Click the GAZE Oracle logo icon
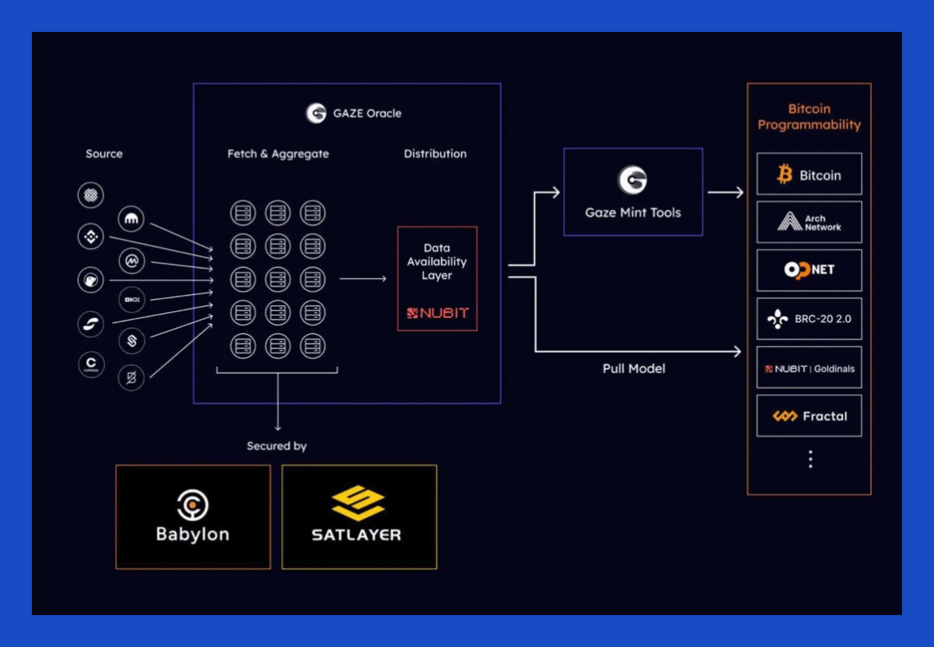pos(316,113)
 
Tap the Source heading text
pos(104,154)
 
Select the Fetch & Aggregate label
pos(278,154)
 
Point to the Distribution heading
pos(435,154)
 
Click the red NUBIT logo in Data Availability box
pos(437,313)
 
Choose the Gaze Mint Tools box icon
pos(633,180)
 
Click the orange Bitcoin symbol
pos(785,174)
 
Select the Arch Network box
pos(809,223)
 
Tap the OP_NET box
pos(809,270)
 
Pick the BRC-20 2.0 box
pos(809,319)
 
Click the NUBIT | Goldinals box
pos(809,368)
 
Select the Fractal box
pos(809,417)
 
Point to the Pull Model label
pos(634,368)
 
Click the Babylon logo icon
pos(192,505)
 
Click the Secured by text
pos(277,446)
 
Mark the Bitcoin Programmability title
pos(809,117)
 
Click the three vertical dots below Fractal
pos(810,459)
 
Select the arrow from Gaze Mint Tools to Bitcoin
pos(725,192)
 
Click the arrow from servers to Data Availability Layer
pos(363,279)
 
